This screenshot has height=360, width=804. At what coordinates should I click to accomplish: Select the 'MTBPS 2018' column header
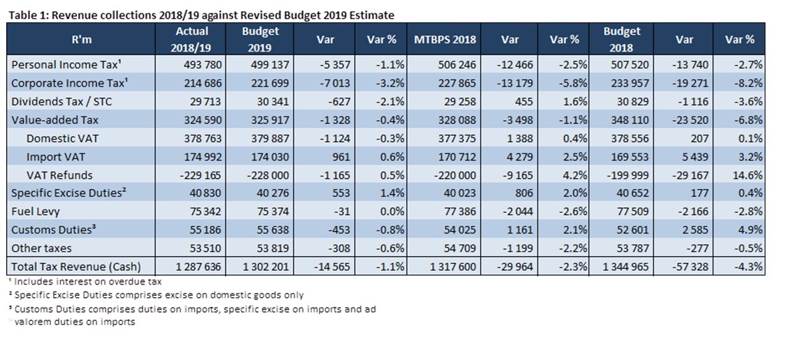click(x=445, y=39)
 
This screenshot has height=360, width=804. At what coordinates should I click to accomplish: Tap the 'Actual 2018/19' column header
click(x=191, y=39)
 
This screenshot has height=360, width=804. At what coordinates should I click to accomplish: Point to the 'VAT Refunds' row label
click(x=59, y=174)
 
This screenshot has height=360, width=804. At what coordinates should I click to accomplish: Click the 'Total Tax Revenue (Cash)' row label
click(x=75, y=266)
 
